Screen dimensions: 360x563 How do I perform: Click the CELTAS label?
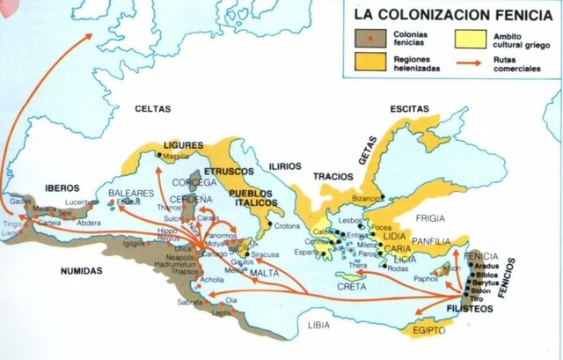(x=153, y=109)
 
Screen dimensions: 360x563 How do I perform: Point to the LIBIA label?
(x=319, y=325)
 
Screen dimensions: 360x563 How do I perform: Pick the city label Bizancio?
(x=369, y=199)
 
